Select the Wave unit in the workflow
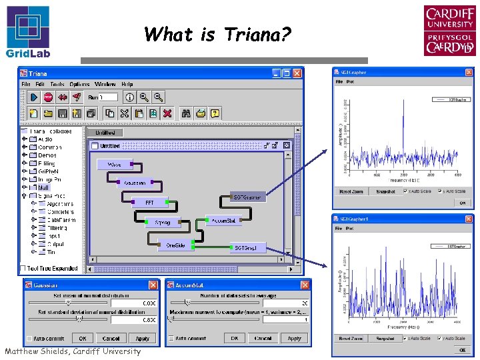115,164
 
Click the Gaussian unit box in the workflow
135,182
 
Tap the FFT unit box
150,202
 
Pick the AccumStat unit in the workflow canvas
223,220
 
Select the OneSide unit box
175,245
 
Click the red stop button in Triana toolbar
48,97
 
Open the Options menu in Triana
79,85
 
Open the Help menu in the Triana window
127,85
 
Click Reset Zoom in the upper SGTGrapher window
351,191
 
